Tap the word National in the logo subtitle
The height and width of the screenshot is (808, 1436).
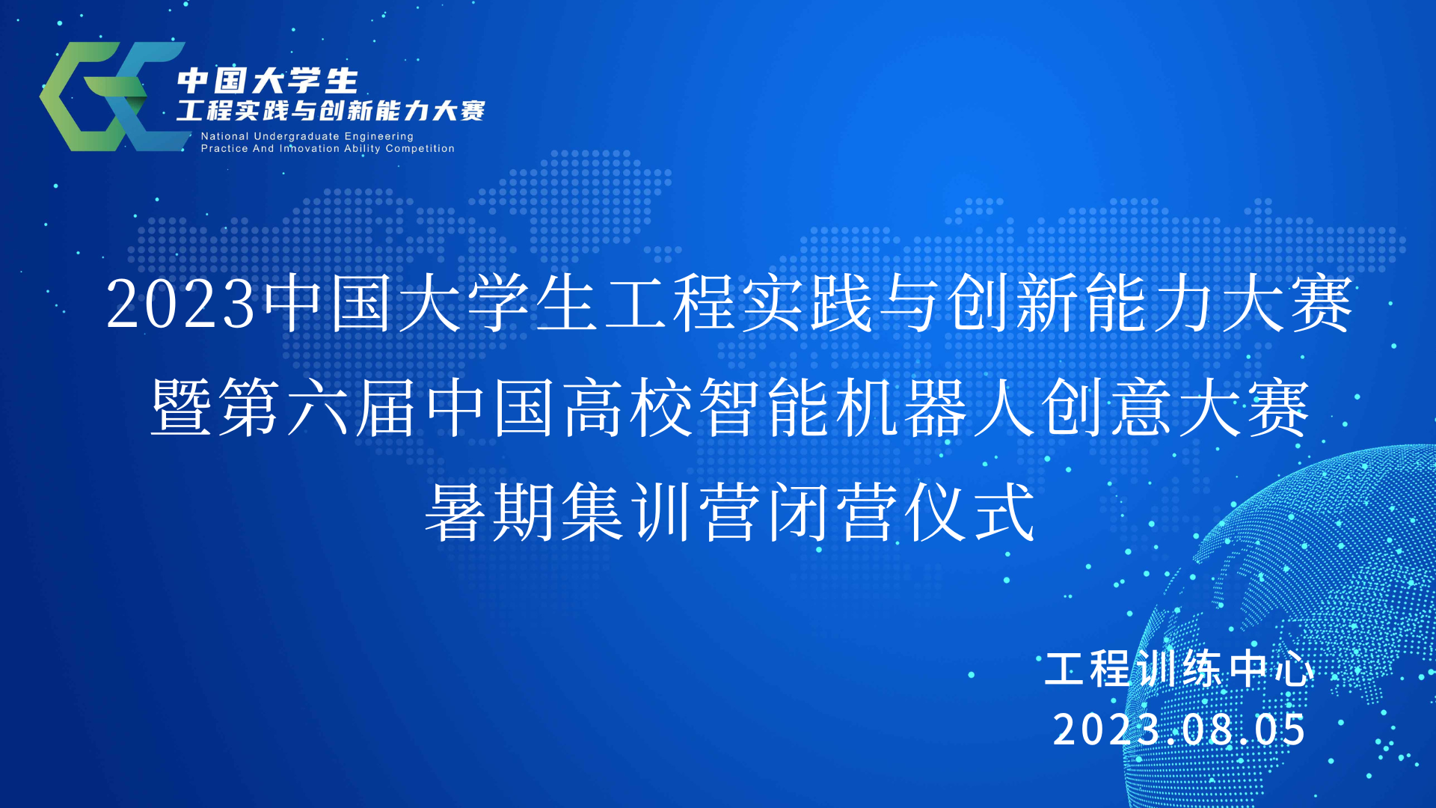click(224, 136)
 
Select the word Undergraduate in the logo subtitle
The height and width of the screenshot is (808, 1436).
click(297, 137)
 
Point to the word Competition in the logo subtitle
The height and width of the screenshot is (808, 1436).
click(420, 149)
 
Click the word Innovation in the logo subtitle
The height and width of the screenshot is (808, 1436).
click(310, 148)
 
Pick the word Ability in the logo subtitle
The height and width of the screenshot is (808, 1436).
click(362, 149)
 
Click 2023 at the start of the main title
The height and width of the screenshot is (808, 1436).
click(180, 304)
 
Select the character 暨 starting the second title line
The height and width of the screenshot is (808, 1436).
click(180, 406)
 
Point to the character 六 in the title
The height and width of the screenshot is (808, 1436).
click(318, 406)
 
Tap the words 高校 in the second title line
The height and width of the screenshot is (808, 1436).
click(628, 406)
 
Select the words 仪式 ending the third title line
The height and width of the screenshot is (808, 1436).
click(970, 512)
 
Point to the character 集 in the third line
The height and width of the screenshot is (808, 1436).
click(592, 512)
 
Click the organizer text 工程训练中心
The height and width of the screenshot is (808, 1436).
click(1179, 668)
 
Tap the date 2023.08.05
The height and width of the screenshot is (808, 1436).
click(1179, 729)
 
